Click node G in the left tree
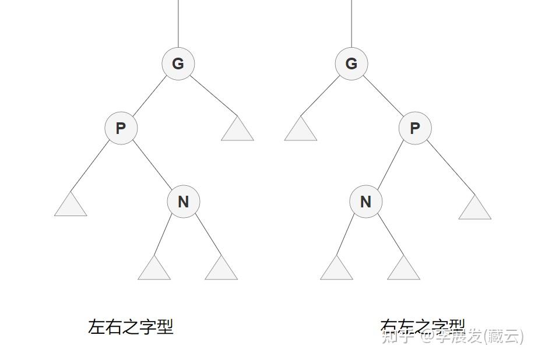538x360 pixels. (178, 63)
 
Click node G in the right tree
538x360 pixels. (351, 63)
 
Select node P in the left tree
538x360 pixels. (121, 128)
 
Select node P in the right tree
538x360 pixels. (414, 128)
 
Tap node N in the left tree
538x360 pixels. (183, 202)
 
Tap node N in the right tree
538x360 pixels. (365, 202)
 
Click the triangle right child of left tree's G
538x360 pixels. (237, 130)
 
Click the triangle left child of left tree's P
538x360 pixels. (71, 206)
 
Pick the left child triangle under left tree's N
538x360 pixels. (154, 270)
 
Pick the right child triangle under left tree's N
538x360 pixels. (221, 270)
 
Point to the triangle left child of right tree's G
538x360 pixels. (301, 130)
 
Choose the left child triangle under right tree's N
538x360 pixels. (336, 270)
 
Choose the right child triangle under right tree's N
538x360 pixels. (403, 270)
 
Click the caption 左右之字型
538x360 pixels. (131, 327)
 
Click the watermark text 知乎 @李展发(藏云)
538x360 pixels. (452, 336)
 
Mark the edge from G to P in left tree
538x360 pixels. (149, 96)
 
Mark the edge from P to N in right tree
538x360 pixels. (390, 165)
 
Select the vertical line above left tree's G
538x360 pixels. (178, 23)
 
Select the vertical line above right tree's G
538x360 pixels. (351, 23)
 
